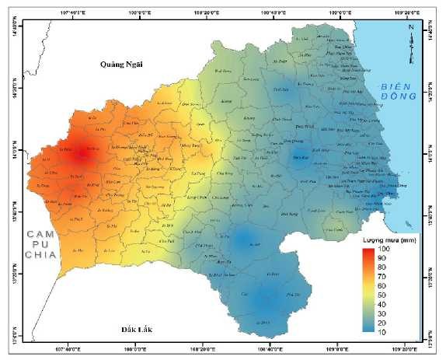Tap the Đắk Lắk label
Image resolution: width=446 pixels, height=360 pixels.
138,330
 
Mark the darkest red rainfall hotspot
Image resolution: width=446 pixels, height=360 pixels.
82,154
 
